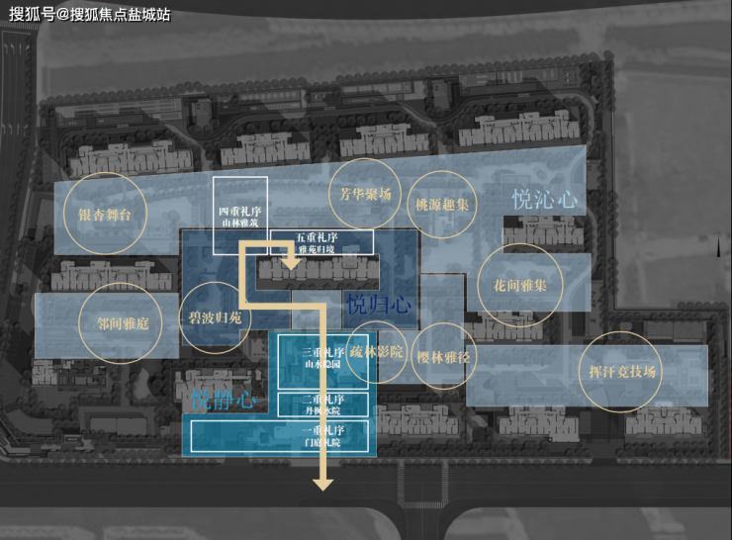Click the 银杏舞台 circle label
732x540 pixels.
coord(106,214)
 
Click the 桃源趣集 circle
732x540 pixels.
coord(442,205)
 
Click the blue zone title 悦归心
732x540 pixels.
coord(379,304)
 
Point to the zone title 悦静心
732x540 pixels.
coord(223,401)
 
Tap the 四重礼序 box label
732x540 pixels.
coord(240,217)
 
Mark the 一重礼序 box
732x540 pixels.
coord(322,436)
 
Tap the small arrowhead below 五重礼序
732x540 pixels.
coord(292,262)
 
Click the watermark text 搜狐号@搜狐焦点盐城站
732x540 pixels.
coord(89,14)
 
